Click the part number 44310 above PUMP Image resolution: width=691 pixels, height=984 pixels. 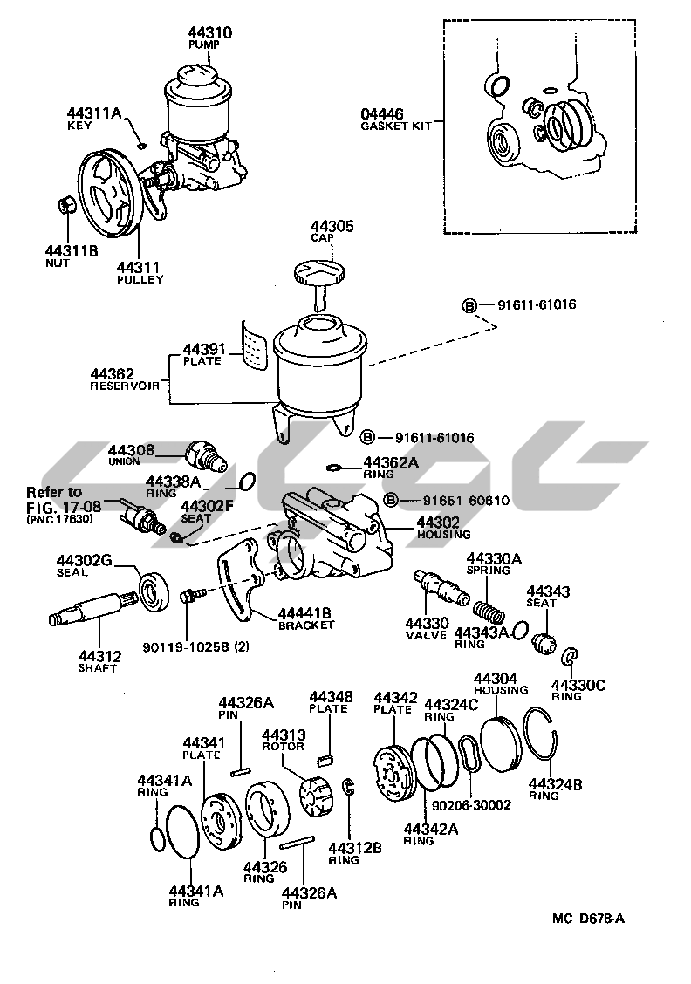click(209, 32)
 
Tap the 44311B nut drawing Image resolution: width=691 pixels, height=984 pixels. click(64, 206)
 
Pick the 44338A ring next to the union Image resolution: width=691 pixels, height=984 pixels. click(247, 481)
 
